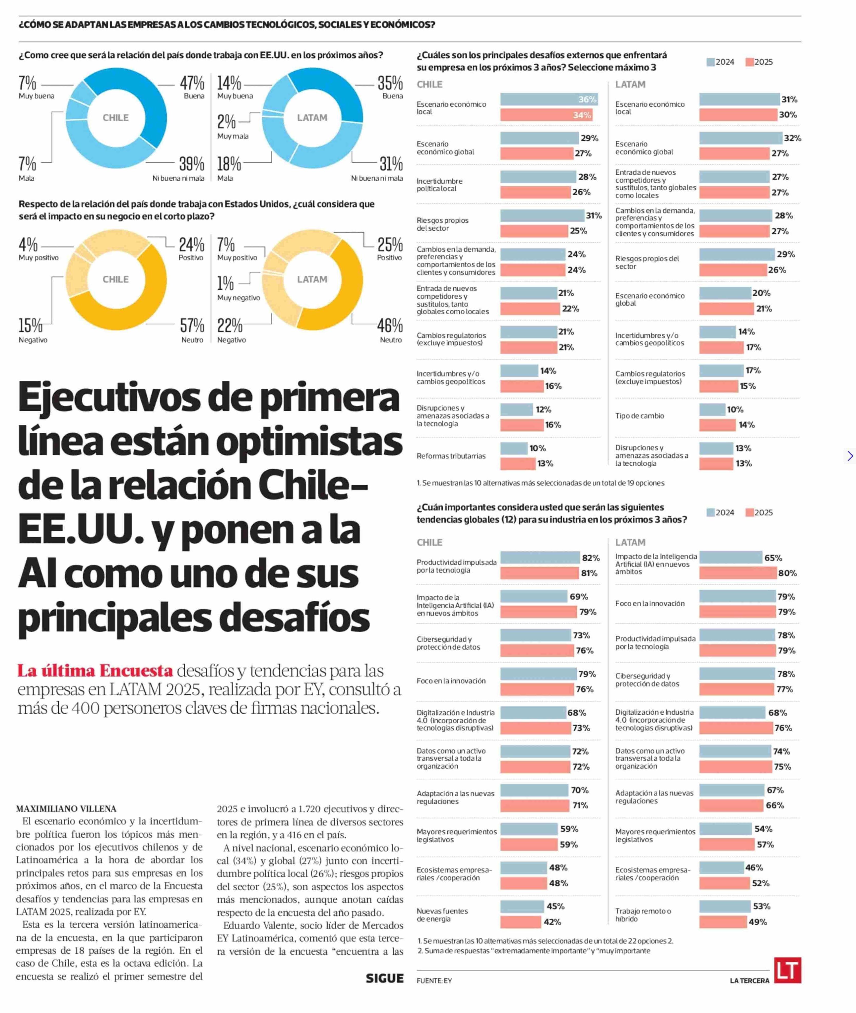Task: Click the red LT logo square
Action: point(787,970)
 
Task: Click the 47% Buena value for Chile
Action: point(192,84)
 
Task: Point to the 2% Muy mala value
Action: point(226,121)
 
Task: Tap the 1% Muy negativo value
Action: point(225,283)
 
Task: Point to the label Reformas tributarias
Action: point(451,456)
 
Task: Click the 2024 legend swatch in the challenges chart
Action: point(710,62)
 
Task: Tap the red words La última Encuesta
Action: point(95,671)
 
